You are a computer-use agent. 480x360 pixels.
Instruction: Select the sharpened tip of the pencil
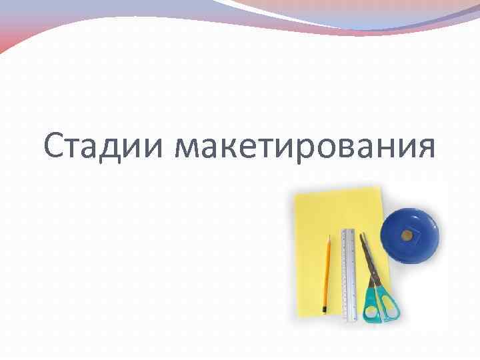pos(329,237)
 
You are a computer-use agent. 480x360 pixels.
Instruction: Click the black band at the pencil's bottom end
pos(325,310)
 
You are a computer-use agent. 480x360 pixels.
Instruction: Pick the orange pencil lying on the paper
pos(327,273)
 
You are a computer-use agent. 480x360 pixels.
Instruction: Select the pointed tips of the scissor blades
pos(363,235)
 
